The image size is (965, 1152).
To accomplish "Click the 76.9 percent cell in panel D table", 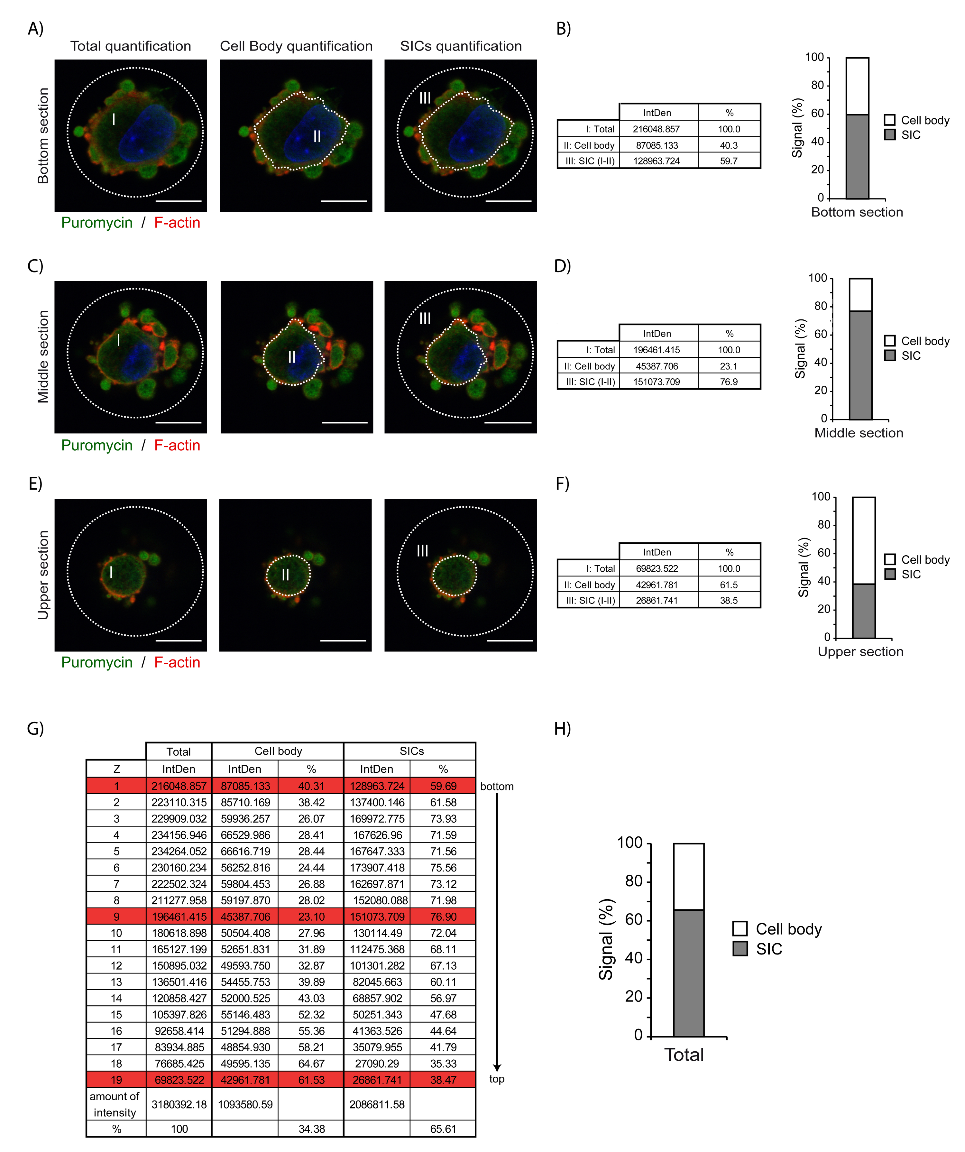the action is point(729,382).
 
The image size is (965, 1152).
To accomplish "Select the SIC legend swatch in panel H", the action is point(740,948).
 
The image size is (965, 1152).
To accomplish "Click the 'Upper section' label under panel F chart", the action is point(860,652).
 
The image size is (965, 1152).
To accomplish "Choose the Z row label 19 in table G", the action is point(116,1080).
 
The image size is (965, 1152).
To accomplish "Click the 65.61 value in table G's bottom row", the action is point(443,1129).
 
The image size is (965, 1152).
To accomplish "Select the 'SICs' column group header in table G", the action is point(411,751).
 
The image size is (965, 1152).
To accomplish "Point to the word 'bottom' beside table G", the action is point(496,786).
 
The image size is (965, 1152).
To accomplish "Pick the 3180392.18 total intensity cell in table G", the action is point(179,1104).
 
